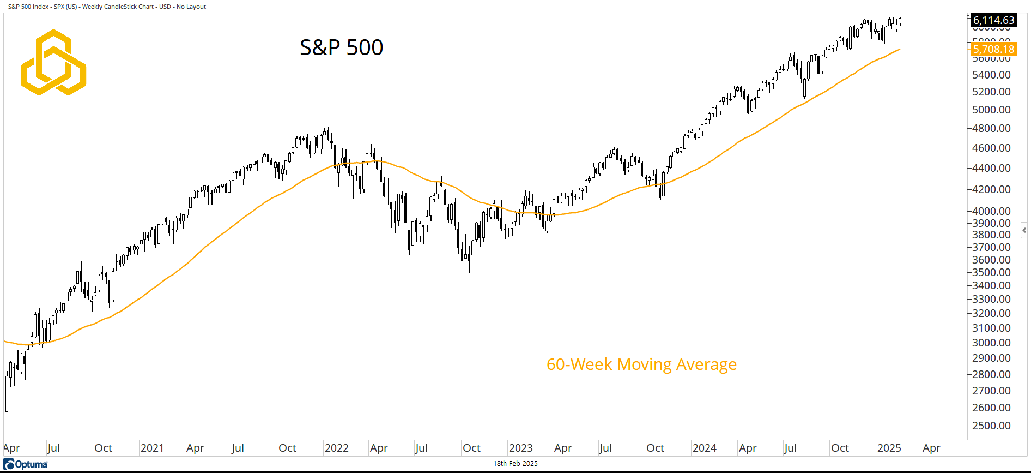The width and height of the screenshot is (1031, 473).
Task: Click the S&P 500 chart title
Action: (x=341, y=47)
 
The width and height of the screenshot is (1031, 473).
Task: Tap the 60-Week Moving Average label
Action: (x=641, y=364)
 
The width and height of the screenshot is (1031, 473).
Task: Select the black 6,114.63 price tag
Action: (x=993, y=20)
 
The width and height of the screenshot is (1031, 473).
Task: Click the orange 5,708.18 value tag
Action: (x=993, y=49)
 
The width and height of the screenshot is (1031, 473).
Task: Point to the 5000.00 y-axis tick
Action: (x=991, y=110)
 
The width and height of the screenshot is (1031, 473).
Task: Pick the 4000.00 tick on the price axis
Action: (x=991, y=211)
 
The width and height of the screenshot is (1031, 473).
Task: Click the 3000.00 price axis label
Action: (x=991, y=343)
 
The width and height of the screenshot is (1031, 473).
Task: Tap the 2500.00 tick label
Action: (x=991, y=426)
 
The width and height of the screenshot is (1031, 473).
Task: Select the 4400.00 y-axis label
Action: (x=991, y=168)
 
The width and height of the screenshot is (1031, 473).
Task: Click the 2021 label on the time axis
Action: (x=152, y=448)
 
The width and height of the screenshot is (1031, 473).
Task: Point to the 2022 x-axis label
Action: (x=336, y=448)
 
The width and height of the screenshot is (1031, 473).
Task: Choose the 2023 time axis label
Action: (x=520, y=448)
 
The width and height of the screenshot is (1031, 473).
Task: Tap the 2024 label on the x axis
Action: (x=704, y=448)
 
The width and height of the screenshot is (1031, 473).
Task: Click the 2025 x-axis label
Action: (x=889, y=448)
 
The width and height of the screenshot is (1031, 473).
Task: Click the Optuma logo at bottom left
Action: (x=25, y=464)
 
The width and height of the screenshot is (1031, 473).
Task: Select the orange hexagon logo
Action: (x=53, y=62)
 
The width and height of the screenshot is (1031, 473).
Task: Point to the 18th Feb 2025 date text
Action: (x=515, y=464)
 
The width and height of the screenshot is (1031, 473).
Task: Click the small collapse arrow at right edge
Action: (x=1024, y=230)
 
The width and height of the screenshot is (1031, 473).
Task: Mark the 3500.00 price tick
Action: (x=991, y=272)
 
